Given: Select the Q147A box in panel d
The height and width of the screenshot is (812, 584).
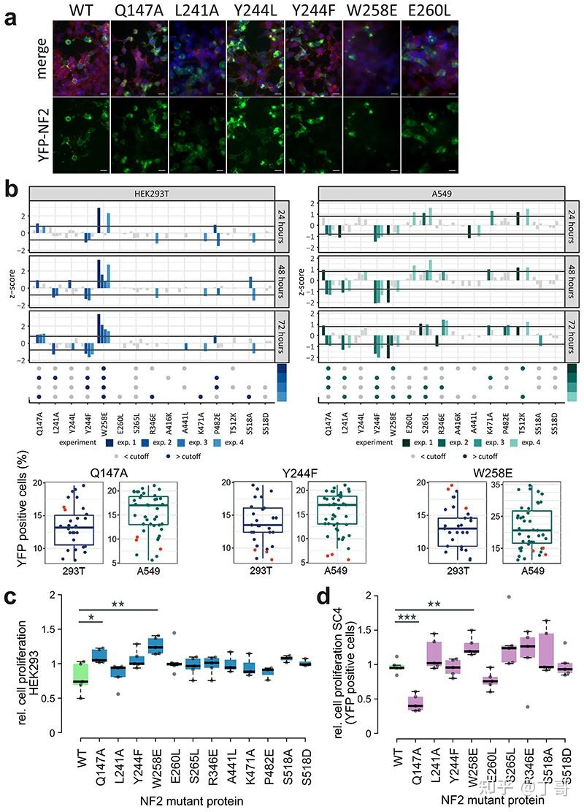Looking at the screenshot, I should pos(415,702).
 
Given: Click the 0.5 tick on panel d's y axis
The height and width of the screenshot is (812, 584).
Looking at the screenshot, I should pos(379,699).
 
